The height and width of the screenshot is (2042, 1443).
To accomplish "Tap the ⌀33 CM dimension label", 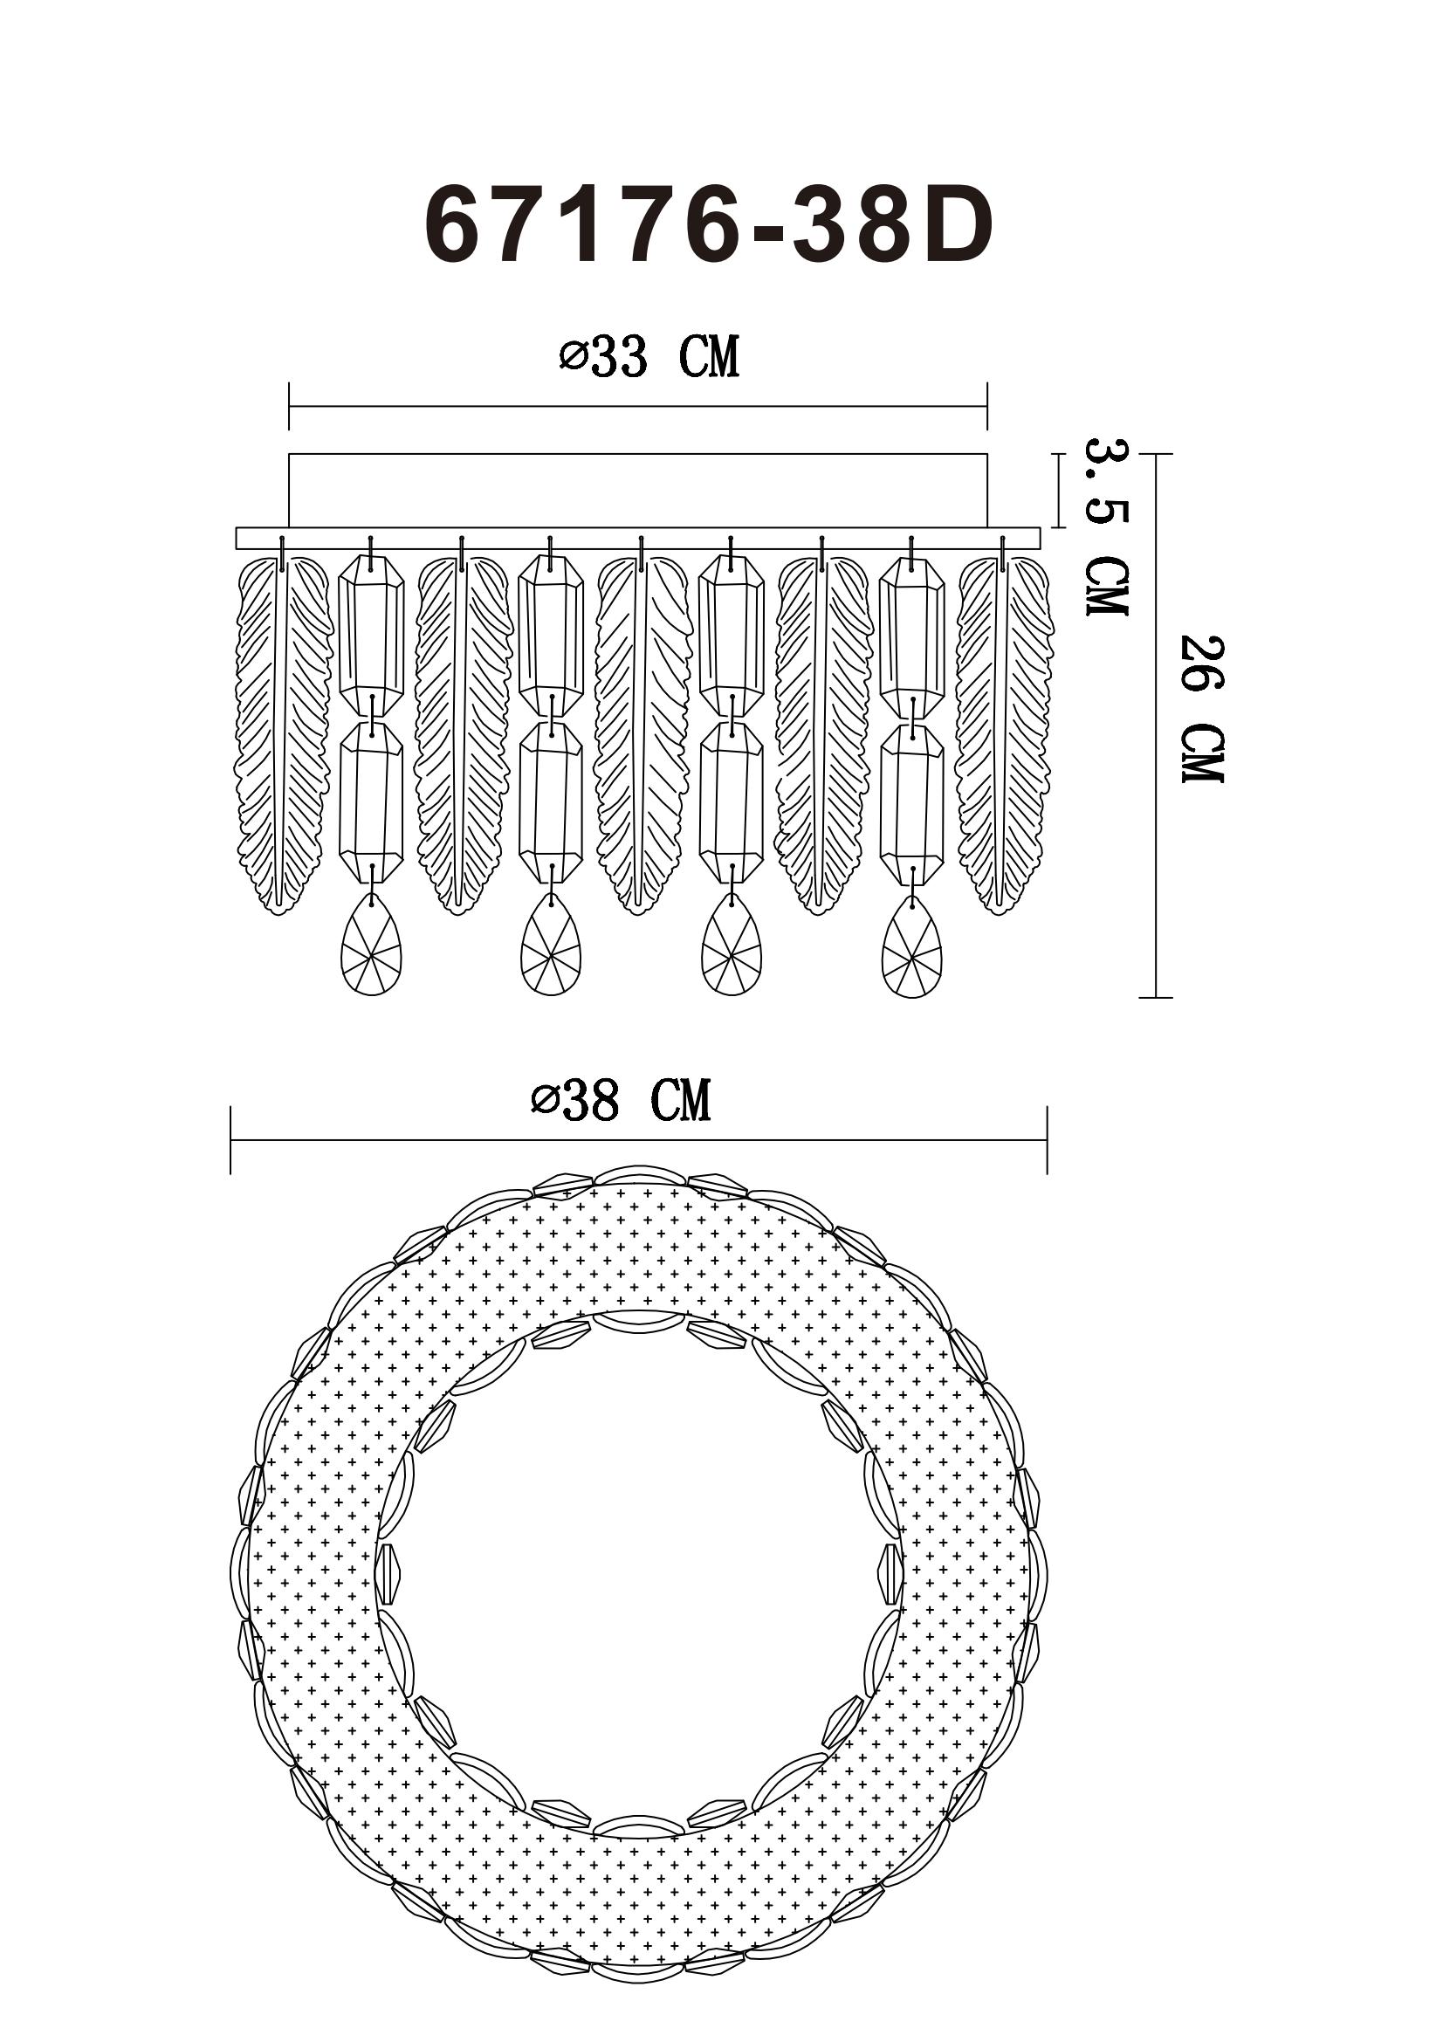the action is (x=649, y=358).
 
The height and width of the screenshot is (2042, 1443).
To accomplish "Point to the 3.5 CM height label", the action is (x=1107, y=526).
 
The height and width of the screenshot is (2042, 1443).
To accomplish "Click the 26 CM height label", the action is (x=1202, y=709).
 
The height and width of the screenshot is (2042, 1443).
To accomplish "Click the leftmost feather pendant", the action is (x=282, y=734).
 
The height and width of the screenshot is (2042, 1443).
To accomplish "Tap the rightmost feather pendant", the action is (x=1005, y=734).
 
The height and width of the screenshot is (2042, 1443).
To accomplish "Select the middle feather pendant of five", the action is (x=642, y=734).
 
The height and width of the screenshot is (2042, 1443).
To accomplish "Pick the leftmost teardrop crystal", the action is (x=372, y=945).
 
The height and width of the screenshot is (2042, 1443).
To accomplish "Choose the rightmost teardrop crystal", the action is (x=912, y=946).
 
